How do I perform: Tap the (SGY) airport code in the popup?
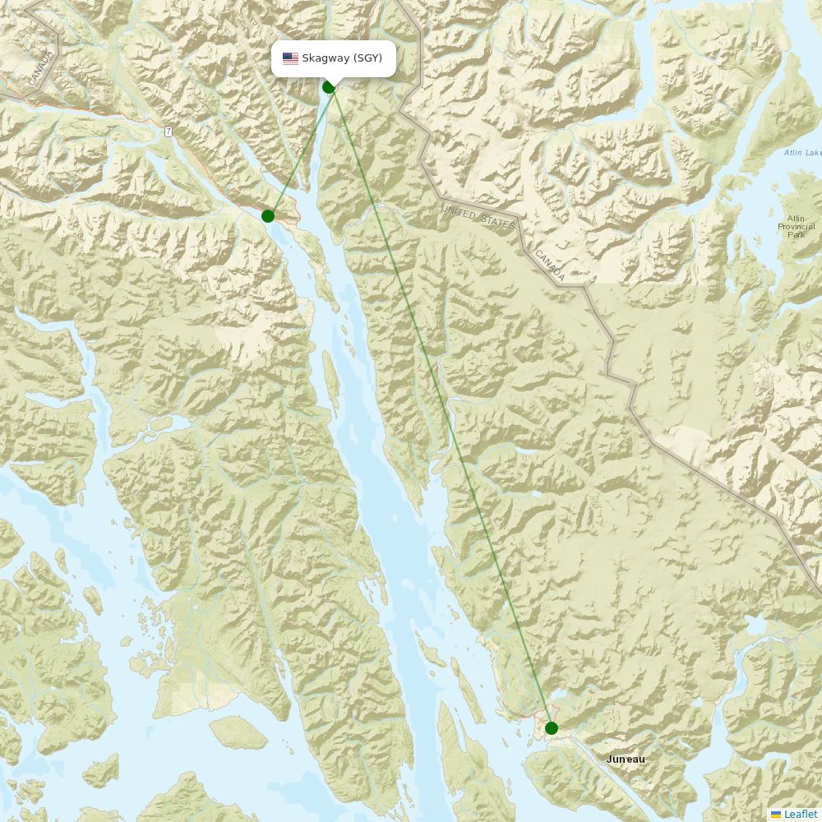pyautogui.click(x=367, y=58)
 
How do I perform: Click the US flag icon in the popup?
pyautogui.click(x=290, y=58)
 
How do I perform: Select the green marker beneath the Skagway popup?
pyautogui.click(x=329, y=87)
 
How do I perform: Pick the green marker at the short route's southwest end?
pyautogui.click(x=268, y=216)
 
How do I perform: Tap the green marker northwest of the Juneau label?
pyautogui.click(x=552, y=727)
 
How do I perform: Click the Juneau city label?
pyautogui.click(x=626, y=760)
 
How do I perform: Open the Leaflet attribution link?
pyautogui.click(x=800, y=814)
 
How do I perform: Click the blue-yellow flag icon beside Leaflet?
pyautogui.click(x=775, y=814)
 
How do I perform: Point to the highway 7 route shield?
pyautogui.click(x=168, y=132)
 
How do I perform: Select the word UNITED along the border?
pyautogui.click(x=459, y=214)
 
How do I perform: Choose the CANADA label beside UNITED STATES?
pyautogui.click(x=550, y=266)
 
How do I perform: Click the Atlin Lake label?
pyautogui.click(x=801, y=153)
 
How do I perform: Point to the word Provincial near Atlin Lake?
pyautogui.click(x=796, y=226)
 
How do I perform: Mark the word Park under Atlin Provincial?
pyautogui.click(x=796, y=235)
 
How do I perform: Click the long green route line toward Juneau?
pyautogui.click(x=444, y=411)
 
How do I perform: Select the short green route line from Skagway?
pyautogui.click(x=298, y=152)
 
